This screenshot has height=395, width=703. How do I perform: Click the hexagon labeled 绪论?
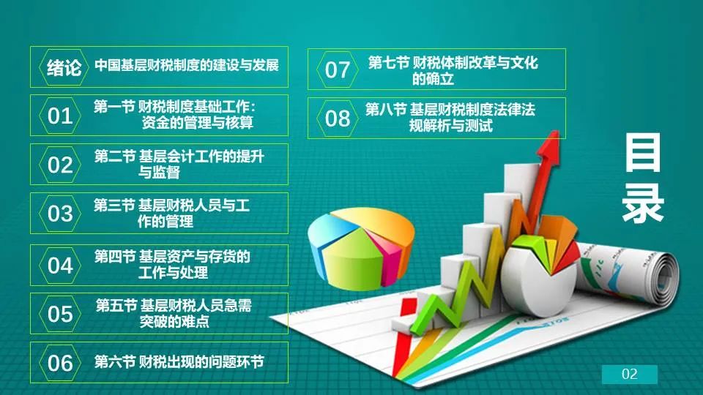pyautogui.click(x=64, y=67)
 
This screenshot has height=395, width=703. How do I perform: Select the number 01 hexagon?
pyautogui.click(x=60, y=116)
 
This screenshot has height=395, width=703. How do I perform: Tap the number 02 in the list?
pyautogui.click(x=60, y=165)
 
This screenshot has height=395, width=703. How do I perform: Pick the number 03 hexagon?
pyautogui.click(x=60, y=213)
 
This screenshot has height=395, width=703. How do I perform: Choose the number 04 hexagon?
pyautogui.click(x=60, y=265)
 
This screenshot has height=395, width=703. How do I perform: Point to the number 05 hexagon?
pyautogui.click(x=60, y=314)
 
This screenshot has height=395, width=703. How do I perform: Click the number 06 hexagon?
pyautogui.click(x=60, y=362)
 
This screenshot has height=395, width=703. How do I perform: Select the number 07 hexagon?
pyautogui.click(x=337, y=69)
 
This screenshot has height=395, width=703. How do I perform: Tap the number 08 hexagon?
pyautogui.click(x=337, y=118)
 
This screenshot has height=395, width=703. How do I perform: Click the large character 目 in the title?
pyautogui.click(x=643, y=152)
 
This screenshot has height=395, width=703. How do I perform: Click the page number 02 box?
pyautogui.click(x=630, y=374)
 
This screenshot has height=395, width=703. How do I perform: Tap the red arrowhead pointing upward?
pyautogui.click(x=551, y=146)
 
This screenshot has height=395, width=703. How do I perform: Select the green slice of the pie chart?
pyautogui.click(x=352, y=260)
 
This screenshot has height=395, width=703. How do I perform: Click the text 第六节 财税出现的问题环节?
pyautogui.click(x=179, y=362)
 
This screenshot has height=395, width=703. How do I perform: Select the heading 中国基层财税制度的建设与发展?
pyautogui.click(x=187, y=65)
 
